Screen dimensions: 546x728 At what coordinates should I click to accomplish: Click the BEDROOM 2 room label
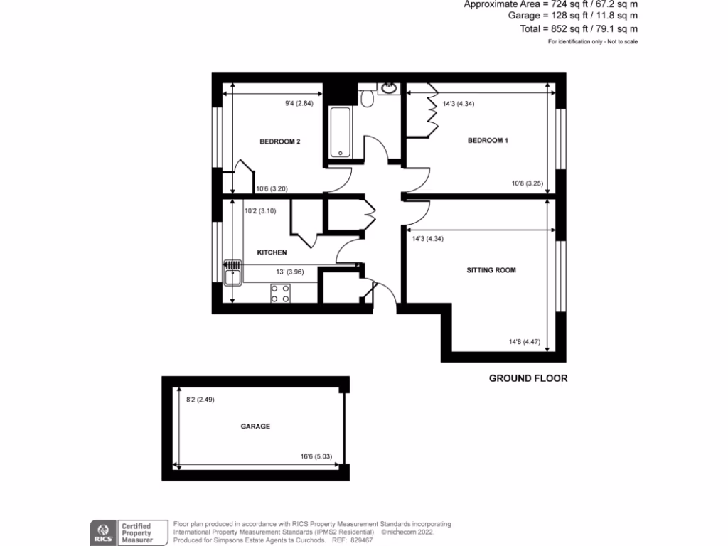279,141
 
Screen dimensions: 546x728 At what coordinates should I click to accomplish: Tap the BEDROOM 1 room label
488,141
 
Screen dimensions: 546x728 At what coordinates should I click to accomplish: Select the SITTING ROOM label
491,270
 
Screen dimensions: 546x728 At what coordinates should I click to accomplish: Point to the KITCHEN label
272,252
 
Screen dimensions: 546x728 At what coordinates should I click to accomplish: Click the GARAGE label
255,427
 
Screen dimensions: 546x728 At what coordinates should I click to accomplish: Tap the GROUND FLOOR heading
528,378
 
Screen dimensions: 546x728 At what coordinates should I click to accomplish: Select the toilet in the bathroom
367,99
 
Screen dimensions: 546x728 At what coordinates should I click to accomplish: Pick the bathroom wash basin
389,88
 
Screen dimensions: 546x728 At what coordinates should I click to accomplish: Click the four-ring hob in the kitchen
280,293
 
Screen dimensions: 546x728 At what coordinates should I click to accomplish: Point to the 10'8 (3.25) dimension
527,183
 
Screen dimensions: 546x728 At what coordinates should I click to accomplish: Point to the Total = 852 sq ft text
579,29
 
